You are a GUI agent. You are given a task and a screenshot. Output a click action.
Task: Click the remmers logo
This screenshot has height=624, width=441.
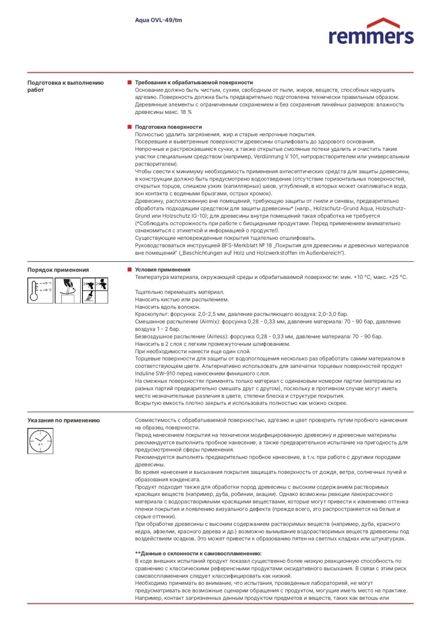pyautogui.click(x=371, y=32)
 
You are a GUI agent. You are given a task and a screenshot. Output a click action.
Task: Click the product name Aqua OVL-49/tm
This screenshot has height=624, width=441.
pyautogui.click(x=158, y=20)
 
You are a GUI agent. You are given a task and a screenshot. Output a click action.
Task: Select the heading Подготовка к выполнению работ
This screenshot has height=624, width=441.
pyautogui.click(x=65, y=86)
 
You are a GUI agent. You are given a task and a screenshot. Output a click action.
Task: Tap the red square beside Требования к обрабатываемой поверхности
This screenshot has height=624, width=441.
pyautogui.click(x=130, y=83)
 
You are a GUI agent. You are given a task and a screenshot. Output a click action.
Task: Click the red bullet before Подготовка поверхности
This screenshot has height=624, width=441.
pyautogui.click(x=130, y=127)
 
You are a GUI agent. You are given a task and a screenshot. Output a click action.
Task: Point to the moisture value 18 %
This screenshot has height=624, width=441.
pyautogui.click(x=186, y=112)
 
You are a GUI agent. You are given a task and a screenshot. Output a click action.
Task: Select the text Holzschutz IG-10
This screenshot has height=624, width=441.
pyautogui.click(x=184, y=216)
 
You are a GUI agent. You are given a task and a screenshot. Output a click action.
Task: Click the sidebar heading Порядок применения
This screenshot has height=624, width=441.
pyautogui.click(x=58, y=270)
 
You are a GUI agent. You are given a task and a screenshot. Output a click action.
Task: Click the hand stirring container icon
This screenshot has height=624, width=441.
pyautogui.click(x=67, y=291)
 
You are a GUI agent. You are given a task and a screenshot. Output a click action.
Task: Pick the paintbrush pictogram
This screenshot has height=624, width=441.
pyautogui.click(x=89, y=297)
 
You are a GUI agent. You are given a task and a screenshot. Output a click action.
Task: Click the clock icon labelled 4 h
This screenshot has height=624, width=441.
pyautogui.click(x=40, y=441)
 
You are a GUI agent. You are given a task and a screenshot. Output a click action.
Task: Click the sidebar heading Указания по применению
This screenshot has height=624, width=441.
pyautogui.click(x=63, y=420)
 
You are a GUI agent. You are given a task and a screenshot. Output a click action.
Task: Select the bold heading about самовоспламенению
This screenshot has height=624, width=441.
pyautogui.click(x=198, y=554)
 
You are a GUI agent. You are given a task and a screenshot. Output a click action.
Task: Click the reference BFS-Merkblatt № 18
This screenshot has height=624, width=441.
pyautogui.click(x=247, y=246)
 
